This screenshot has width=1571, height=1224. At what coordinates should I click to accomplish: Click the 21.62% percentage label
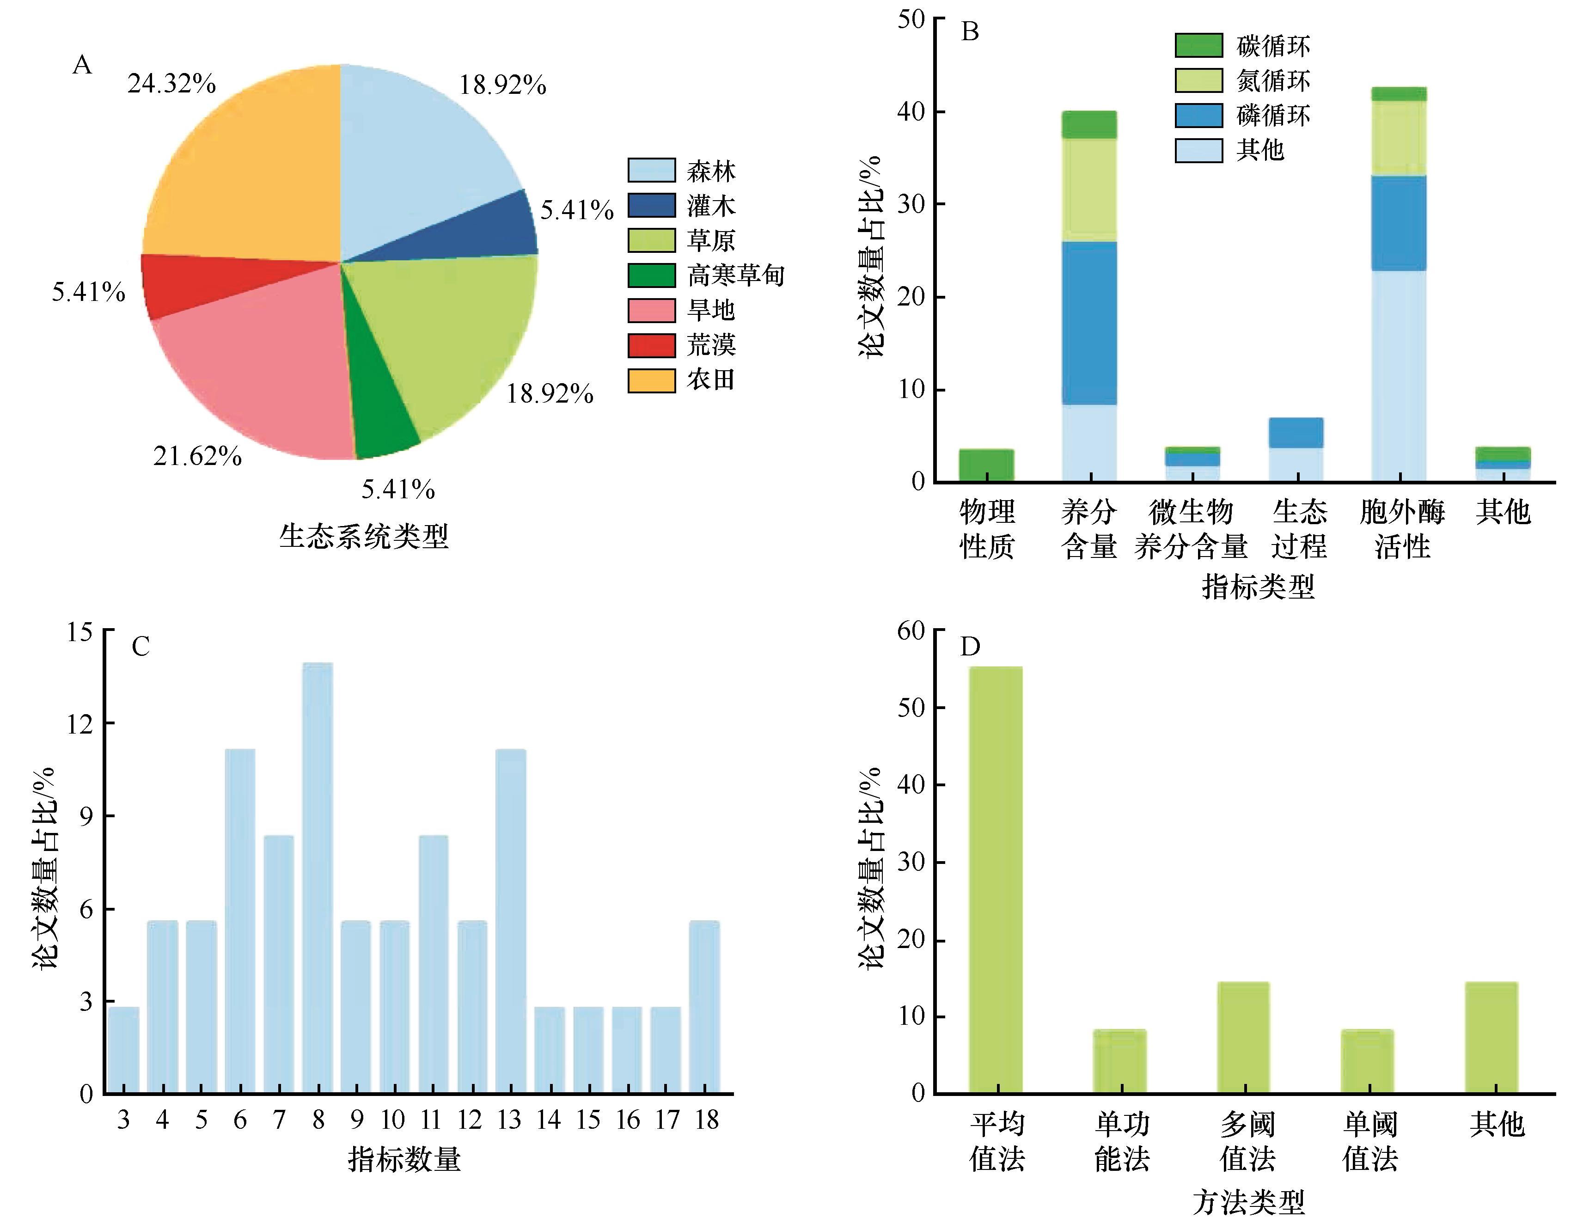pos(197,455)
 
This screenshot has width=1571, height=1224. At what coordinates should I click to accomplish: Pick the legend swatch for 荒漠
pos(651,345)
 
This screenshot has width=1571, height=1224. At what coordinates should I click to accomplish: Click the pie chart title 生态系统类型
pos(363,536)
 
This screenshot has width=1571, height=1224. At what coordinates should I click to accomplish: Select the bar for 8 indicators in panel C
pos(317,878)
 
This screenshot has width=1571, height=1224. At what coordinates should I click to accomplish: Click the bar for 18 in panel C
pos(704,1007)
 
